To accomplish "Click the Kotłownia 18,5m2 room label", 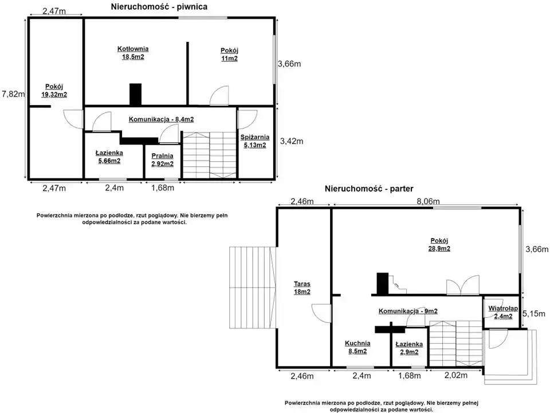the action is coord(132,53).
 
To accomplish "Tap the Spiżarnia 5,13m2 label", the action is coord(254,141).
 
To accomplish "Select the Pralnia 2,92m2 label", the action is coord(162,159).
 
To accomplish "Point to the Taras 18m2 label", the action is coord(302,287).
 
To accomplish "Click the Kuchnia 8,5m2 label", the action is coord(357,347).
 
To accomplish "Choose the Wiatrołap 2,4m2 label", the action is coord(503,312).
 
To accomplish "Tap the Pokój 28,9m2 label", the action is coord(439,244).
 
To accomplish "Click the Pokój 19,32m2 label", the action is coord(54,90).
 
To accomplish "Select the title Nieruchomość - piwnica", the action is coord(159,7).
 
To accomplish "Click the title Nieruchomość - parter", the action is coord(369,189).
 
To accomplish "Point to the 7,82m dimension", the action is coord(13,93).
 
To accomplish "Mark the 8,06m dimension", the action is coord(428,201).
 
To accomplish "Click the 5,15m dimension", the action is coord(534,314).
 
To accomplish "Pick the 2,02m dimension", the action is coord(456,375).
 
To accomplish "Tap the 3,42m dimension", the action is coord(292,141).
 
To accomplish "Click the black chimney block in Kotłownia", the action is coord(135,94).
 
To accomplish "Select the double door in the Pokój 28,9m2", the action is coord(463,285).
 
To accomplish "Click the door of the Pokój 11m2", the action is coord(219,96).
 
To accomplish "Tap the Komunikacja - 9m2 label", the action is coord(408,311).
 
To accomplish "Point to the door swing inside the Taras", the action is coord(321,313).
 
